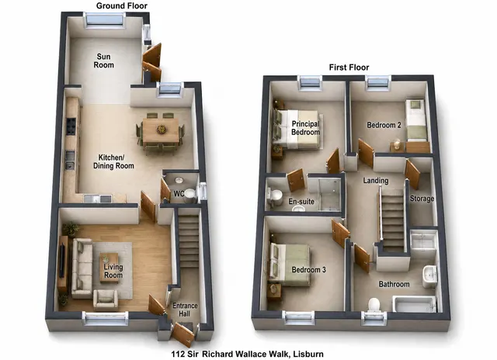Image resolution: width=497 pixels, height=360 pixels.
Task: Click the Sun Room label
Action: pyautogui.click(x=103, y=61)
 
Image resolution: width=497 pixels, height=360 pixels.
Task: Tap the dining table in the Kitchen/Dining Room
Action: pyautogui.click(x=161, y=130)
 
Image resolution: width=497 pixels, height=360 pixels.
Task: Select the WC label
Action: pyautogui.click(x=179, y=193)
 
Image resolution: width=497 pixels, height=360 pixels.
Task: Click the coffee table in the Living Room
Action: pyautogui.click(x=109, y=268)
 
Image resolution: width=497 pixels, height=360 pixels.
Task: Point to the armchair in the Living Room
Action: pyautogui.click(x=106, y=299)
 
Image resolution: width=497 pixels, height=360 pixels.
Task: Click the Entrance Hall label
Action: pyautogui.click(x=185, y=310)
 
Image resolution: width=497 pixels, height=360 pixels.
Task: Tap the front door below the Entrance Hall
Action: pyautogui.click(x=183, y=334)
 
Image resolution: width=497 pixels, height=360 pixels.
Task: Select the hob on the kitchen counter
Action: pyautogui.click(x=71, y=126)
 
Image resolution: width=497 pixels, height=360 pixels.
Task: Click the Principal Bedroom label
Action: pyautogui.click(x=305, y=128)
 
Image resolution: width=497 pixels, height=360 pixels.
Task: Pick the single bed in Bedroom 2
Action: pyautogui.click(x=416, y=120)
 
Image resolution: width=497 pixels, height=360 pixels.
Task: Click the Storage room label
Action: pyautogui.click(x=422, y=199)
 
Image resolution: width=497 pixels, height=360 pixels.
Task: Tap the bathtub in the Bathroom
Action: pyautogui.click(x=414, y=304)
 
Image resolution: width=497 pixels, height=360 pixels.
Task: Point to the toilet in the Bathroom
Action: pyautogui.click(x=374, y=305)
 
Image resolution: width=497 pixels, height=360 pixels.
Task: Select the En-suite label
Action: pyautogui.click(x=301, y=202)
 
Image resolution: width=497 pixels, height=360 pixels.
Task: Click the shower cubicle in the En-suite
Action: pyautogui.click(x=329, y=194)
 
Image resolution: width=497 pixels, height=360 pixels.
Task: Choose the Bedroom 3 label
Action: pyautogui.click(x=308, y=270)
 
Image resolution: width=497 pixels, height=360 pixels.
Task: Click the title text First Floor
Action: pyautogui.click(x=349, y=67)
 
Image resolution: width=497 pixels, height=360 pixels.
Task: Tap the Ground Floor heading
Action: pyautogui.click(x=122, y=5)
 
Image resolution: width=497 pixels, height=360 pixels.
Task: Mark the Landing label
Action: pyautogui.click(x=376, y=181)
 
